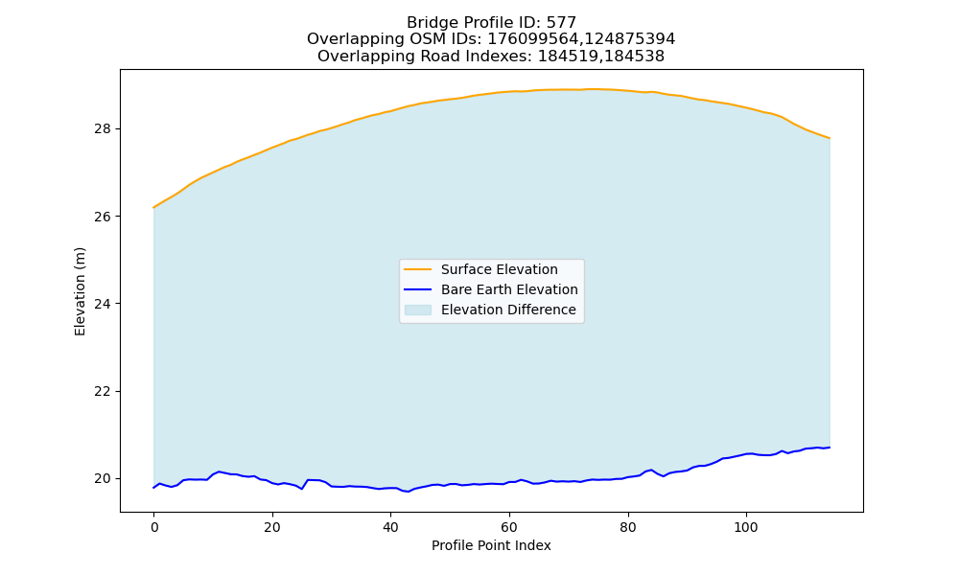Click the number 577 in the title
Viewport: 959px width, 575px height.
point(563,23)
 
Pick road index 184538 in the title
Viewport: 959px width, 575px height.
point(631,57)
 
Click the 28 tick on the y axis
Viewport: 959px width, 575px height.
point(103,129)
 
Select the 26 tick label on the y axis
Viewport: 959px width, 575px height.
point(103,217)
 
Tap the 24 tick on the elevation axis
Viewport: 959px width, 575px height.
point(103,305)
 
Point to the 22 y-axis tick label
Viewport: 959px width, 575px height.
point(103,392)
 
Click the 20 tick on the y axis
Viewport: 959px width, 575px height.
point(103,479)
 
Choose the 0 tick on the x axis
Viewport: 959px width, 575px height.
point(153,527)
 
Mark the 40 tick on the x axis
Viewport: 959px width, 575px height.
point(390,527)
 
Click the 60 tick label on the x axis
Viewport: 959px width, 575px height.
point(509,527)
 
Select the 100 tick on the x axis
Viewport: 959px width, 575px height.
point(745,527)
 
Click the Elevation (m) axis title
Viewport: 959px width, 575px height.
point(81,291)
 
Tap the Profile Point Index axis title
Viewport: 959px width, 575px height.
point(491,545)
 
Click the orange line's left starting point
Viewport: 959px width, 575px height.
point(153,208)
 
